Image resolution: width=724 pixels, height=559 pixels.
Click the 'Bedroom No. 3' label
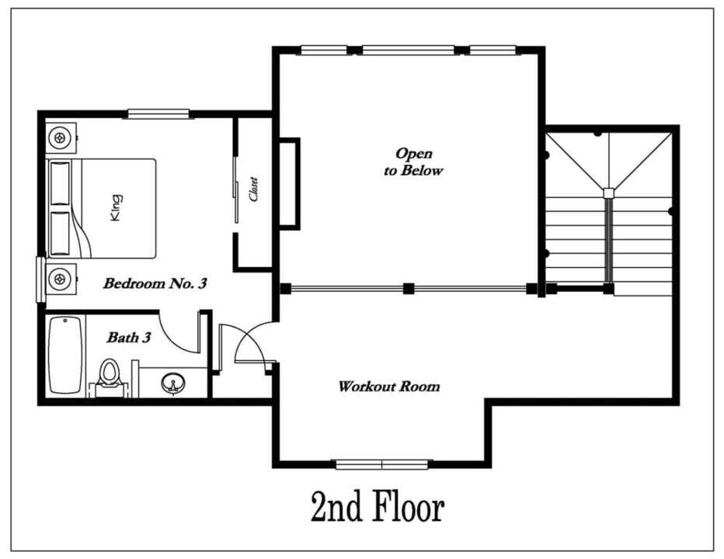click(x=155, y=283)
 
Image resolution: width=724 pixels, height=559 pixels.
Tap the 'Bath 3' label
click(x=129, y=338)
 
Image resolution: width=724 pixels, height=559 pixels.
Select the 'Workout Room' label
click(x=388, y=386)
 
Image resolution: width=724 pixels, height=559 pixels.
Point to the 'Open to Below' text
click(x=413, y=162)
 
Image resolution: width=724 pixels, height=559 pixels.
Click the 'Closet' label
click(x=253, y=189)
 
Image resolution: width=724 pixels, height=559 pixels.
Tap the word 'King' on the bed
click(x=117, y=208)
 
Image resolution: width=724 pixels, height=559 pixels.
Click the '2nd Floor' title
click(x=378, y=506)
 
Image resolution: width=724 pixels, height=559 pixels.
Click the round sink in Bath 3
click(x=173, y=383)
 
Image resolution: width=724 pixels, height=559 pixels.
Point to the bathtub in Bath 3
click(x=65, y=355)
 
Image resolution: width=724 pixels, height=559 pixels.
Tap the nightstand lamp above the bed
click(x=60, y=137)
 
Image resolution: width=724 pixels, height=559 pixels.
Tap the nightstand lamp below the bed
click(x=60, y=279)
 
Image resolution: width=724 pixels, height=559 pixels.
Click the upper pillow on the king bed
click(x=60, y=182)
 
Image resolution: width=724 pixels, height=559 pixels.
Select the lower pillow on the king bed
click(x=60, y=233)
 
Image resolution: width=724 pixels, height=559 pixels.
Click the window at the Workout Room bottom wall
click(x=382, y=464)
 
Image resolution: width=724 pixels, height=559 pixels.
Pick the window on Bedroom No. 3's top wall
click(x=158, y=114)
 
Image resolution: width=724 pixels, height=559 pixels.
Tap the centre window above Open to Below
click(x=408, y=50)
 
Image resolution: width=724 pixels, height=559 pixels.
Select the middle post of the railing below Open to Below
click(x=408, y=289)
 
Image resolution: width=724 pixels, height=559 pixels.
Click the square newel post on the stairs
click(x=609, y=193)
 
